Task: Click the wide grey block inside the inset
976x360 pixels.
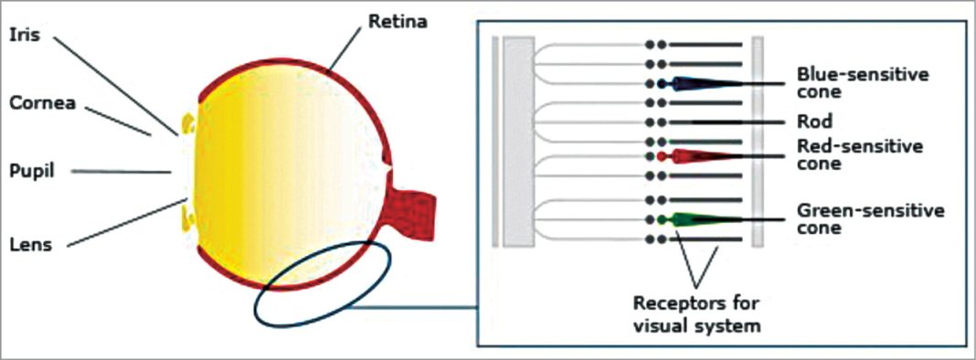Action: coord(517,142)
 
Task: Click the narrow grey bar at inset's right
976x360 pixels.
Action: coord(758,142)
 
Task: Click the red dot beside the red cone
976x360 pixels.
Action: coord(662,156)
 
